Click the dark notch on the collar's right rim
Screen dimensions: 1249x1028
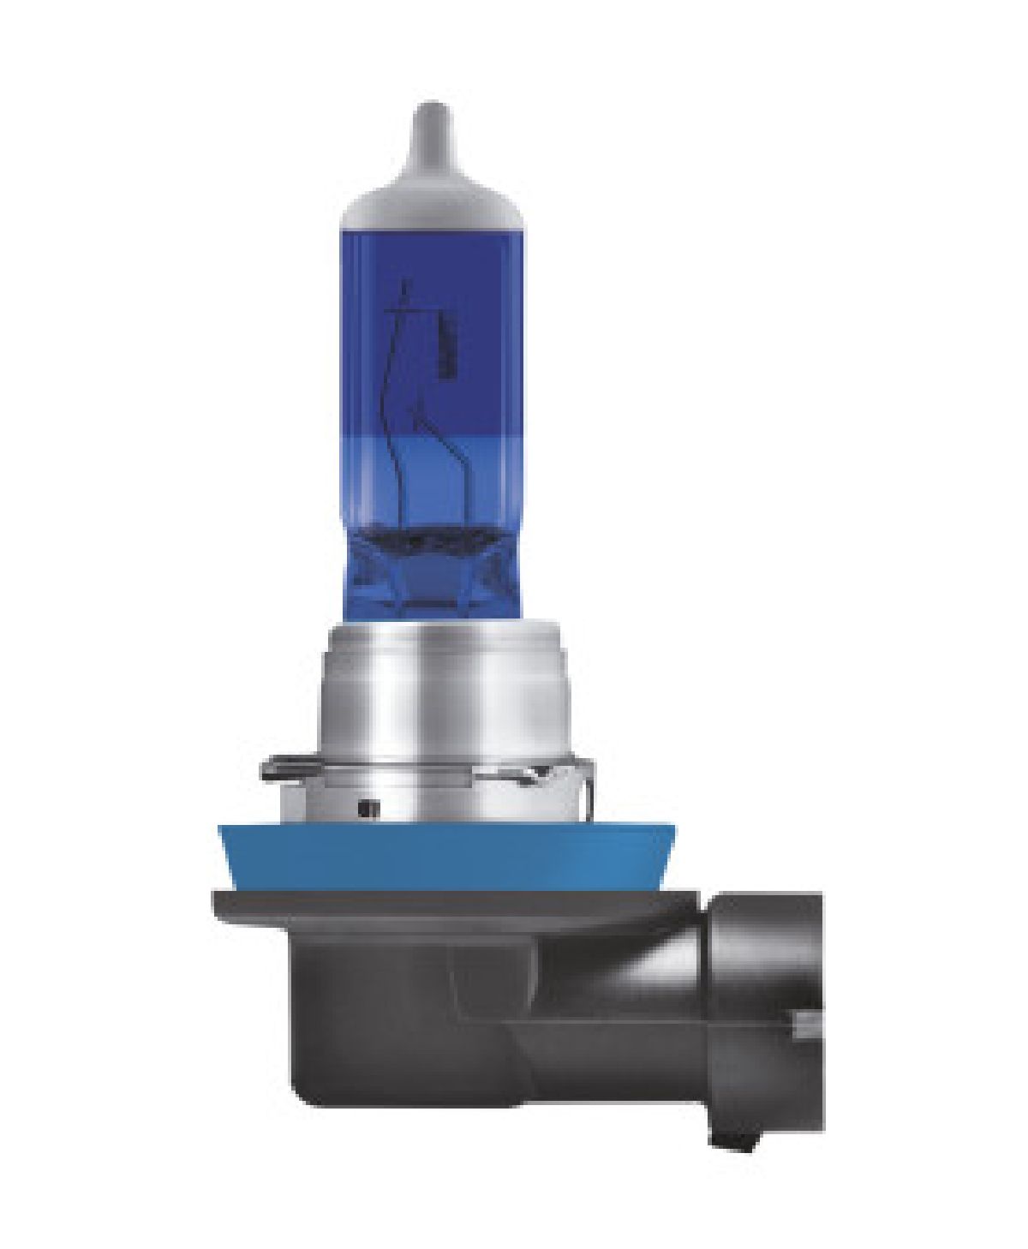point(538,774)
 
